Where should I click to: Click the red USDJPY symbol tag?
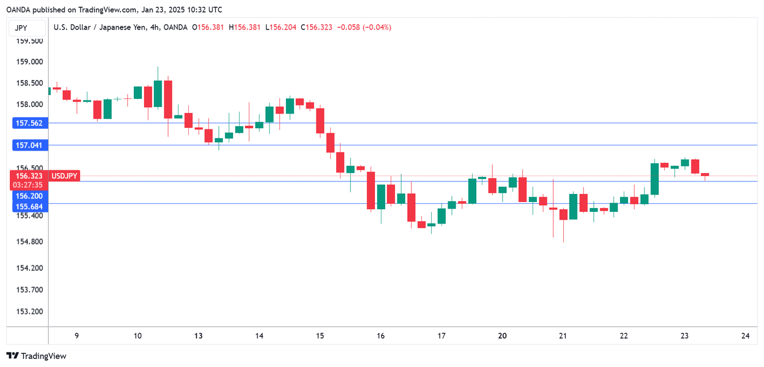[x=64, y=176]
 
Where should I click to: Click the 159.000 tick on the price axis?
[x=29, y=62]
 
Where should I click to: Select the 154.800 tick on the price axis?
[x=29, y=241]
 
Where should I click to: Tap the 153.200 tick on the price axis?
[x=29, y=311]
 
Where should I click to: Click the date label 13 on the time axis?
[x=198, y=336]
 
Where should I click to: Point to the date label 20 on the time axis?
[x=503, y=336]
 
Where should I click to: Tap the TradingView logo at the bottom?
[x=37, y=356]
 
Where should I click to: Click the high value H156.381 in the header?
[x=244, y=27]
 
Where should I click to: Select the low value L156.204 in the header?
[x=280, y=27]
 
